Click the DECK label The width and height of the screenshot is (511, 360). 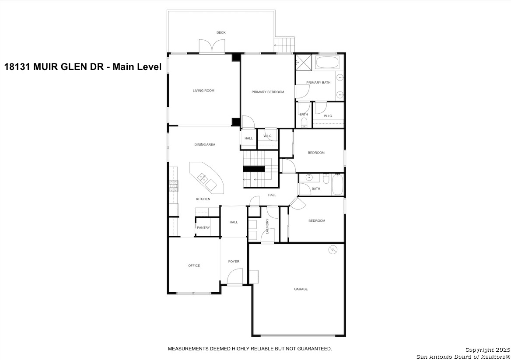[x=221, y=32]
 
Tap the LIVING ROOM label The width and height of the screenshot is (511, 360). [x=204, y=91]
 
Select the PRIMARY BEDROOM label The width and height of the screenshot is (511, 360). [x=268, y=92]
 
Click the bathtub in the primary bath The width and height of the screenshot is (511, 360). [x=328, y=62]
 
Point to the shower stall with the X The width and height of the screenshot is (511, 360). [x=304, y=62]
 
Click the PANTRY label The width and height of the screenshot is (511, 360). [x=203, y=228]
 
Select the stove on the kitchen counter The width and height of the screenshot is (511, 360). [x=174, y=186]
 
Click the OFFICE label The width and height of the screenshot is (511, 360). [x=194, y=266]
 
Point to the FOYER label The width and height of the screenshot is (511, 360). [x=234, y=261]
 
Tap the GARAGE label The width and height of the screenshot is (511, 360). [x=301, y=289]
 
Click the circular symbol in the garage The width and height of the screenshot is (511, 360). [x=333, y=250]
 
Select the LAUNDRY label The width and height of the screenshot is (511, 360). [x=267, y=226]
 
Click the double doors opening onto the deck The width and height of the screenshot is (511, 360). [x=212, y=46]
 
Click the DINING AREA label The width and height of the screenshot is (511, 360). [x=205, y=145]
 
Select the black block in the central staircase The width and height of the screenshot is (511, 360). [x=254, y=169]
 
